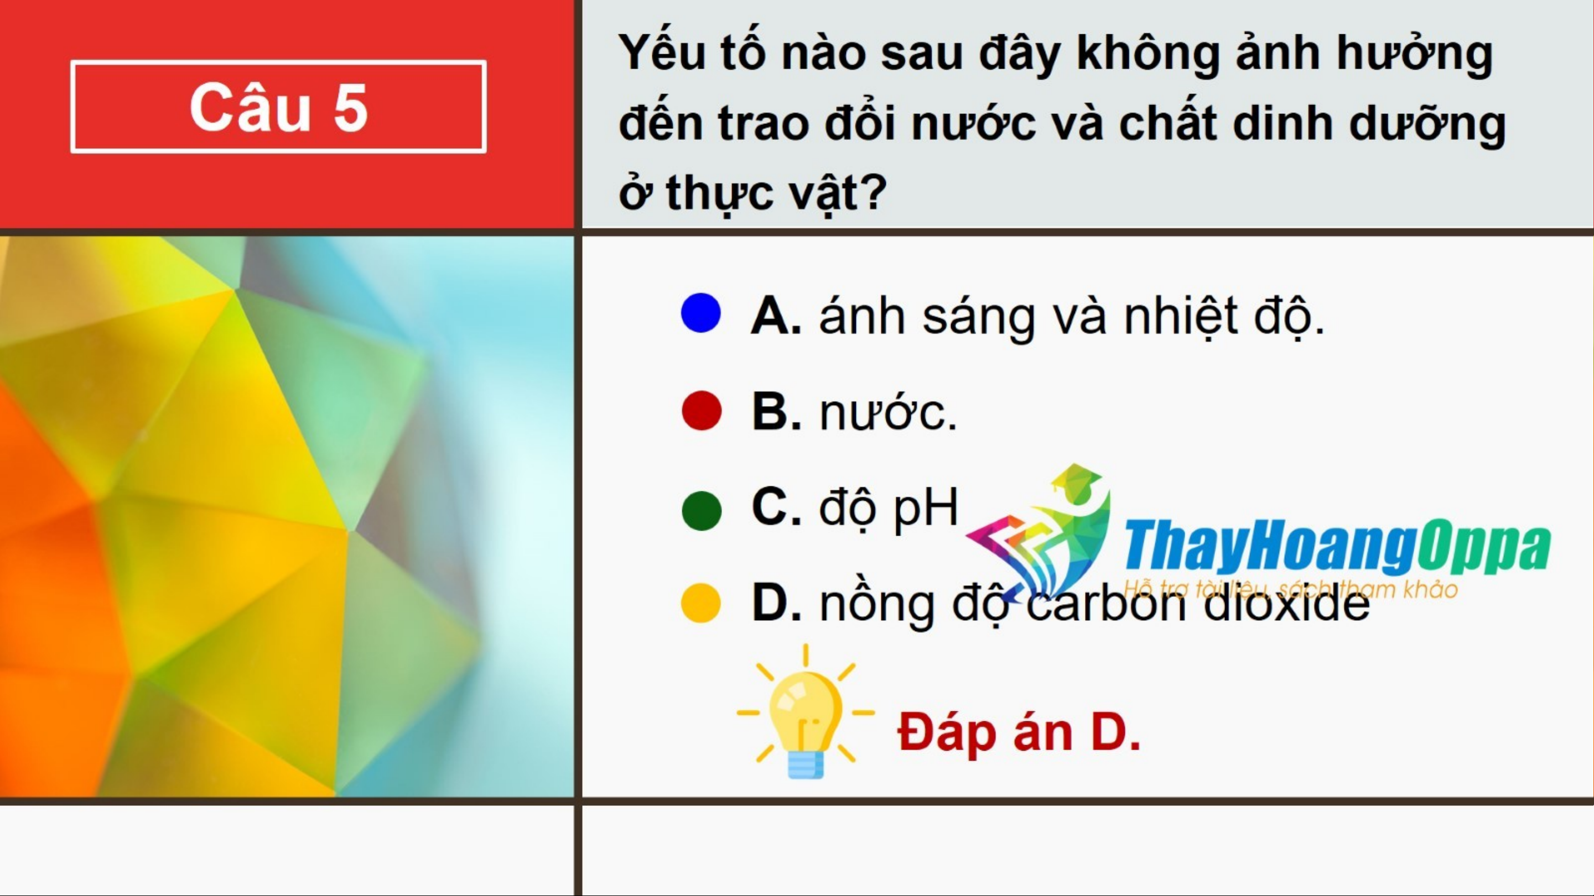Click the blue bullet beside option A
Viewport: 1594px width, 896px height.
pyautogui.click(x=700, y=313)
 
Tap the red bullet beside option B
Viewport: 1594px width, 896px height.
pyautogui.click(x=701, y=410)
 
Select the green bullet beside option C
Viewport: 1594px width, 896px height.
pyautogui.click(x=701, y=511)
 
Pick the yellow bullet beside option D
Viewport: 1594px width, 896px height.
pyautogui.click(x=700, y=602)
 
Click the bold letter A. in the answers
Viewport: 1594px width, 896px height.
pyautogui.click(x=776, y=316)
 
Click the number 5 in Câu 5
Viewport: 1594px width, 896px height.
pyautogui.click(x=350, y=108)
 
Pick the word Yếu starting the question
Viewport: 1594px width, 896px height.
pyautogui.click(x=662, y=52)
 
